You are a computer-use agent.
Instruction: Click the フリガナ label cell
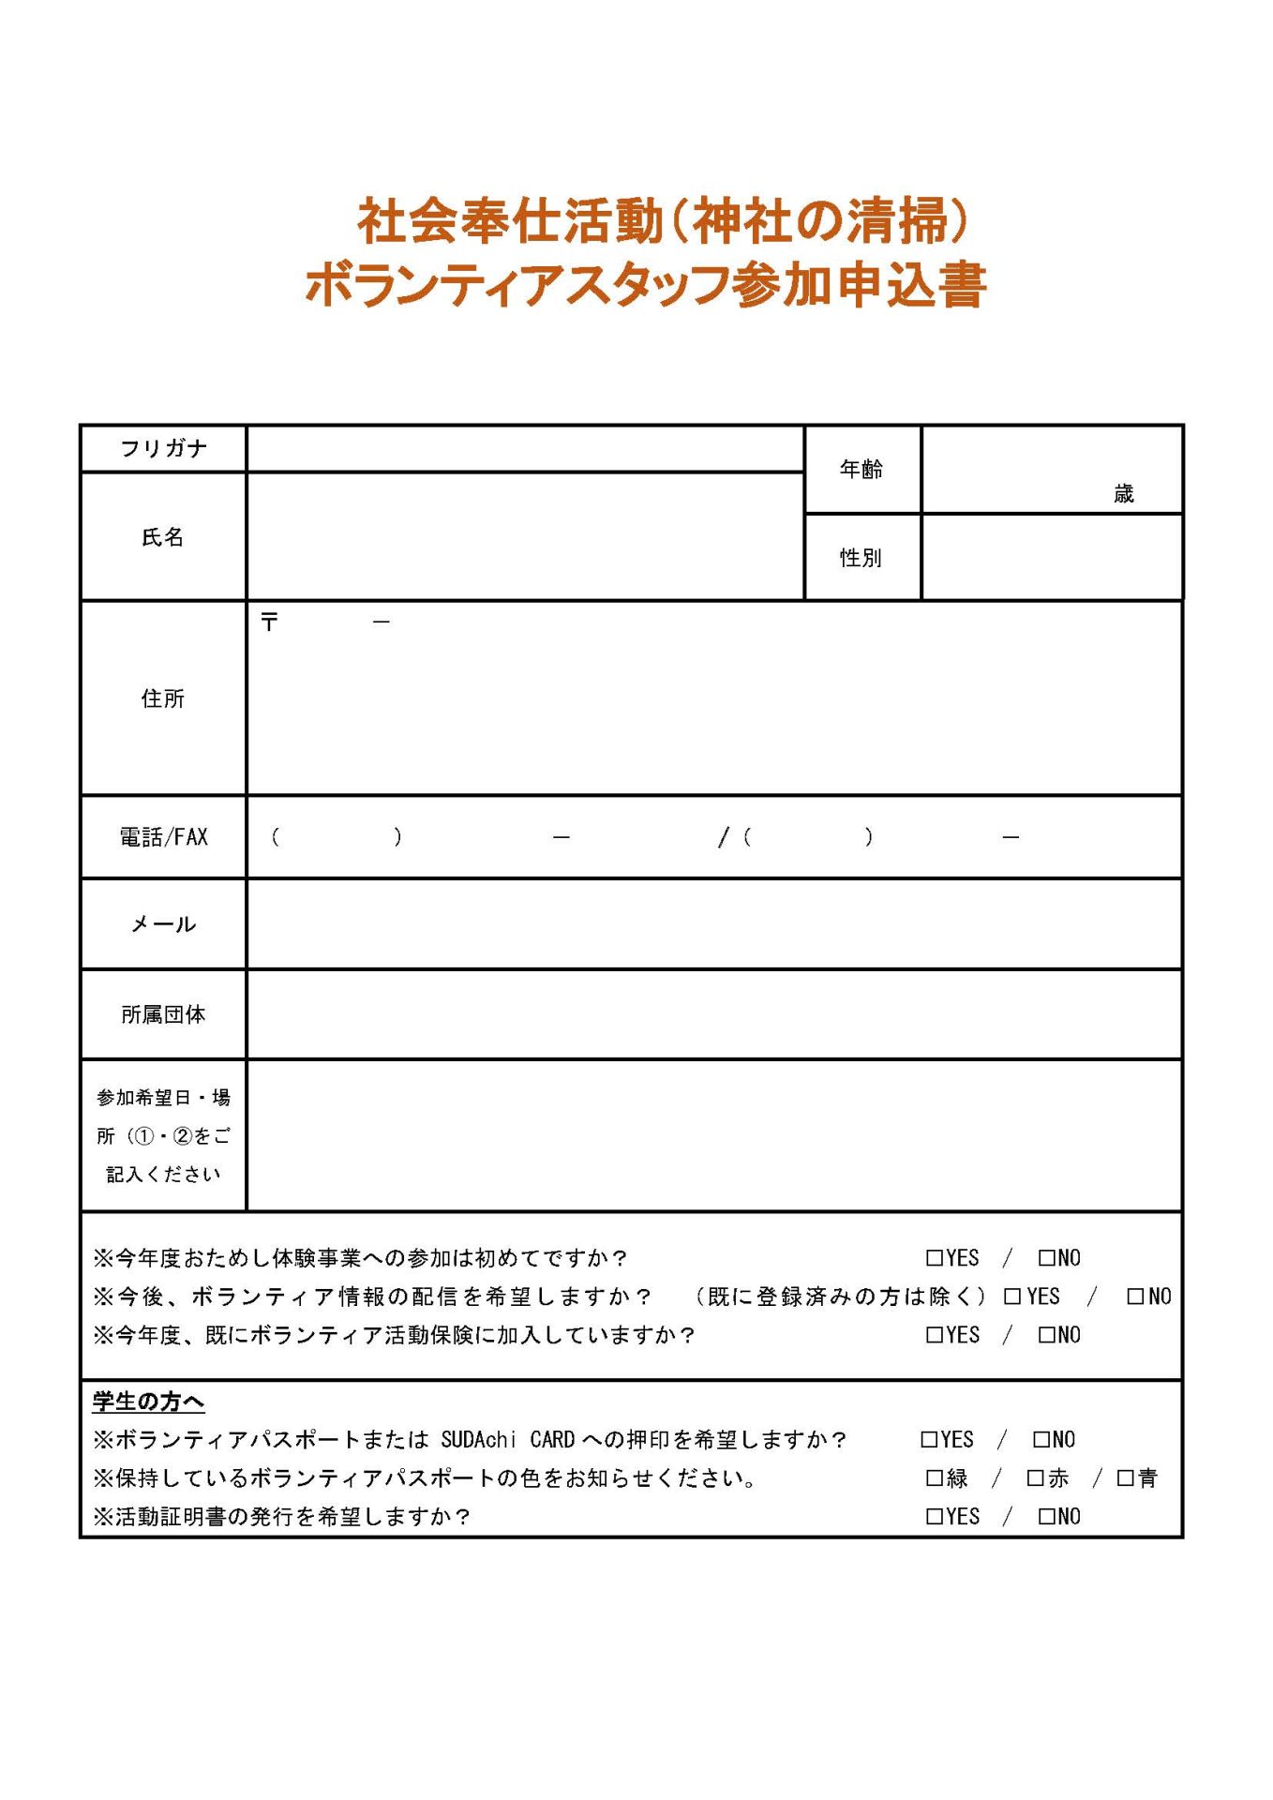coord(163,448)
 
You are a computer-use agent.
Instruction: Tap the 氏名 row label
coord(163,537)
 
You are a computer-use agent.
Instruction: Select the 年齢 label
coord(861,469)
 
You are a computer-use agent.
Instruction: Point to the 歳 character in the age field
coord(1123,494)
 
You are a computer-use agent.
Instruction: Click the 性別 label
coord(861,558)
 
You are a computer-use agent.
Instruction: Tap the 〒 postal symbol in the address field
coord(270,622)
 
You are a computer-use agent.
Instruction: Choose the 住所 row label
coord(163,698)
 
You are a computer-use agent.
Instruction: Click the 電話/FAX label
coord(163,837)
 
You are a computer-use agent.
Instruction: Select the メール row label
coord(163,924)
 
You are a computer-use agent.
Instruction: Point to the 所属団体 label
coord(163,1014)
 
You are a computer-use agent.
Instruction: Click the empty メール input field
coord(712,924)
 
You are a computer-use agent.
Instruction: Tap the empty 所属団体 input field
coord(712,1014)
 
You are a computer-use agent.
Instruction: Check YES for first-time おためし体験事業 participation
coord(934,1258)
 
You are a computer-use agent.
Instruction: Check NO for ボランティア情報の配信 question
coord(1135,1297)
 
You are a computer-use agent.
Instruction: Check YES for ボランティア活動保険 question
coord(934,1335)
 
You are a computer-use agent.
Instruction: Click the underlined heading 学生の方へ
coord(148,1402)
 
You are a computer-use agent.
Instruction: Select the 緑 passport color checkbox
coord(934,1478)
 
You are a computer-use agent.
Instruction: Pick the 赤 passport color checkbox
coord(1035,1478)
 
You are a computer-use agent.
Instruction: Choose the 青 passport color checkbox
coord(1125,1478)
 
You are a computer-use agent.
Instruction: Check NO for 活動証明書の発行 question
coord(1046,1517)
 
